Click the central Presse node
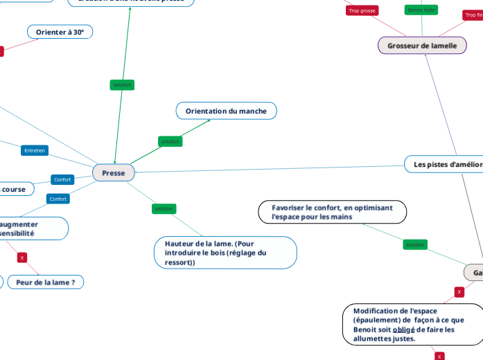click(114, 173)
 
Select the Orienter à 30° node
click(60, 32)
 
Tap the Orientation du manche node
click(226, 111)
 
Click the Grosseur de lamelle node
click(422, 46)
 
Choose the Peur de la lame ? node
click(46, 282)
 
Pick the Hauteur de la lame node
click(225, 253)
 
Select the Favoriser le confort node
click(332, 212)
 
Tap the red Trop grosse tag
click(362, 10)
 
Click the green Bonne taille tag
click(421, 10)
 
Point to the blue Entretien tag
click(35, 150)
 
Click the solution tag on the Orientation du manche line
click(170, 141)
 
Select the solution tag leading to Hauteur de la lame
click(164, 208)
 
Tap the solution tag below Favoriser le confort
click(415, 244)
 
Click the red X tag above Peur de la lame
click(22, 258)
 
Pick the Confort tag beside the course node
click(62, 179)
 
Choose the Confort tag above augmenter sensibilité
click(58, 199)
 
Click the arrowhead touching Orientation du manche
click(209, 120)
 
